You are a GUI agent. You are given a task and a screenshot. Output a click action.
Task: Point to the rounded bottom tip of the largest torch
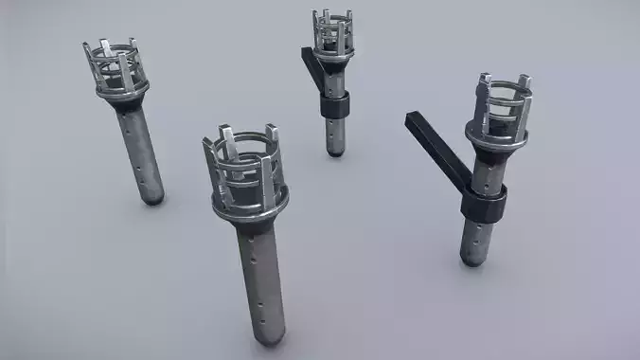270,336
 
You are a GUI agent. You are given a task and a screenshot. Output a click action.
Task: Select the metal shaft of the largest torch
259,275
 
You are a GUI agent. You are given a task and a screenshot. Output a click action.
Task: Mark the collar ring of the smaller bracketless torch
124,93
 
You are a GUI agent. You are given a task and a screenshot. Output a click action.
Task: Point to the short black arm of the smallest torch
311,66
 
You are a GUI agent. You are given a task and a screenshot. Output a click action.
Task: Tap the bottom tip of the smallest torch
335,151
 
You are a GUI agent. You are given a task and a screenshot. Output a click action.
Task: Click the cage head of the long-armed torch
500,104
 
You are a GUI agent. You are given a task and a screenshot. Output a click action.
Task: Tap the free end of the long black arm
414,119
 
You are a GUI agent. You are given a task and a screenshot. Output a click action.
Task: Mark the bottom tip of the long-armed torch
472,260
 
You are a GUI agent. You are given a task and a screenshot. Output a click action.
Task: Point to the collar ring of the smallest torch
333,60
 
